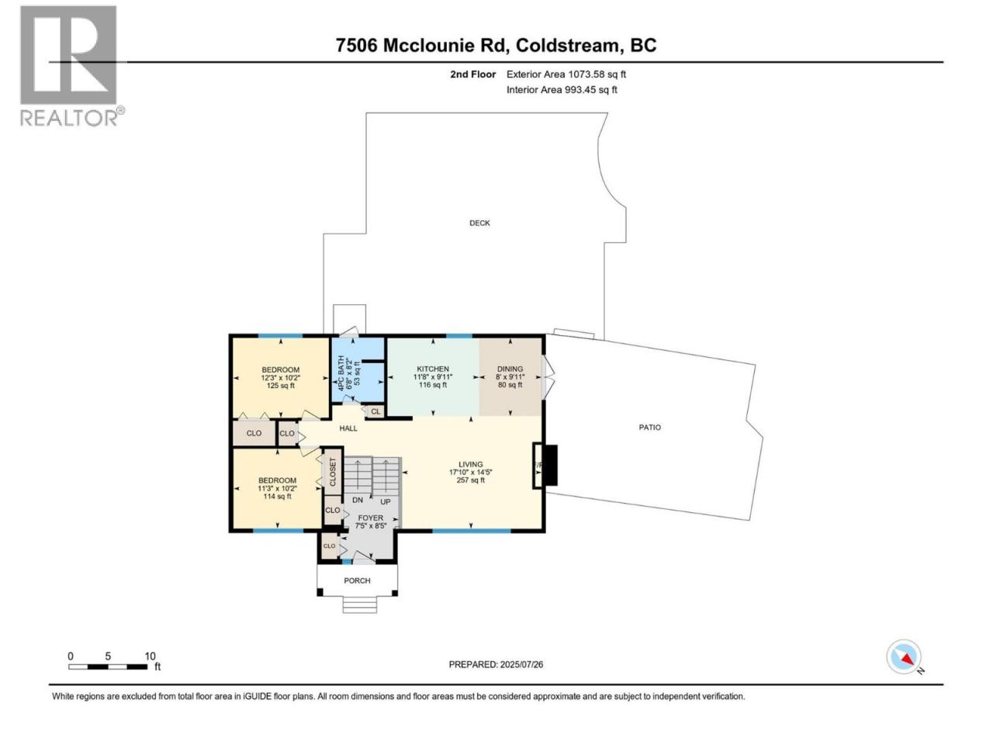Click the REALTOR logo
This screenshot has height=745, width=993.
click(72, 66)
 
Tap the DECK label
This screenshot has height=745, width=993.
click(479, 223)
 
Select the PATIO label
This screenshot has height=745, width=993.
click(649, 427)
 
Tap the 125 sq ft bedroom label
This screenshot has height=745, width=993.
click(281, 377)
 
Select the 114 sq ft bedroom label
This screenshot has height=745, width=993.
click(277, 488)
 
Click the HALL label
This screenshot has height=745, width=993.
click(348, 428)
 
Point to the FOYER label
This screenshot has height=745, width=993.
click(371, 518)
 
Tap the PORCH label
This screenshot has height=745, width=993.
click(357, 580)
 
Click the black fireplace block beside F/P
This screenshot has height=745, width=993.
click(551, 465)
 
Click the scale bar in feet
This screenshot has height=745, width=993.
click(108, 667)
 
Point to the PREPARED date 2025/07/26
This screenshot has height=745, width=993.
click(496, 664)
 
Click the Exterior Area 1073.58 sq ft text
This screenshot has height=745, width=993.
click(566, 74)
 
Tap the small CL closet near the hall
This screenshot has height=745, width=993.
click(375, 411)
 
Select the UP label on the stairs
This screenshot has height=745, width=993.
click(385, 501)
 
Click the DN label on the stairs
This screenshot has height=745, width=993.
click(358, 500)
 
